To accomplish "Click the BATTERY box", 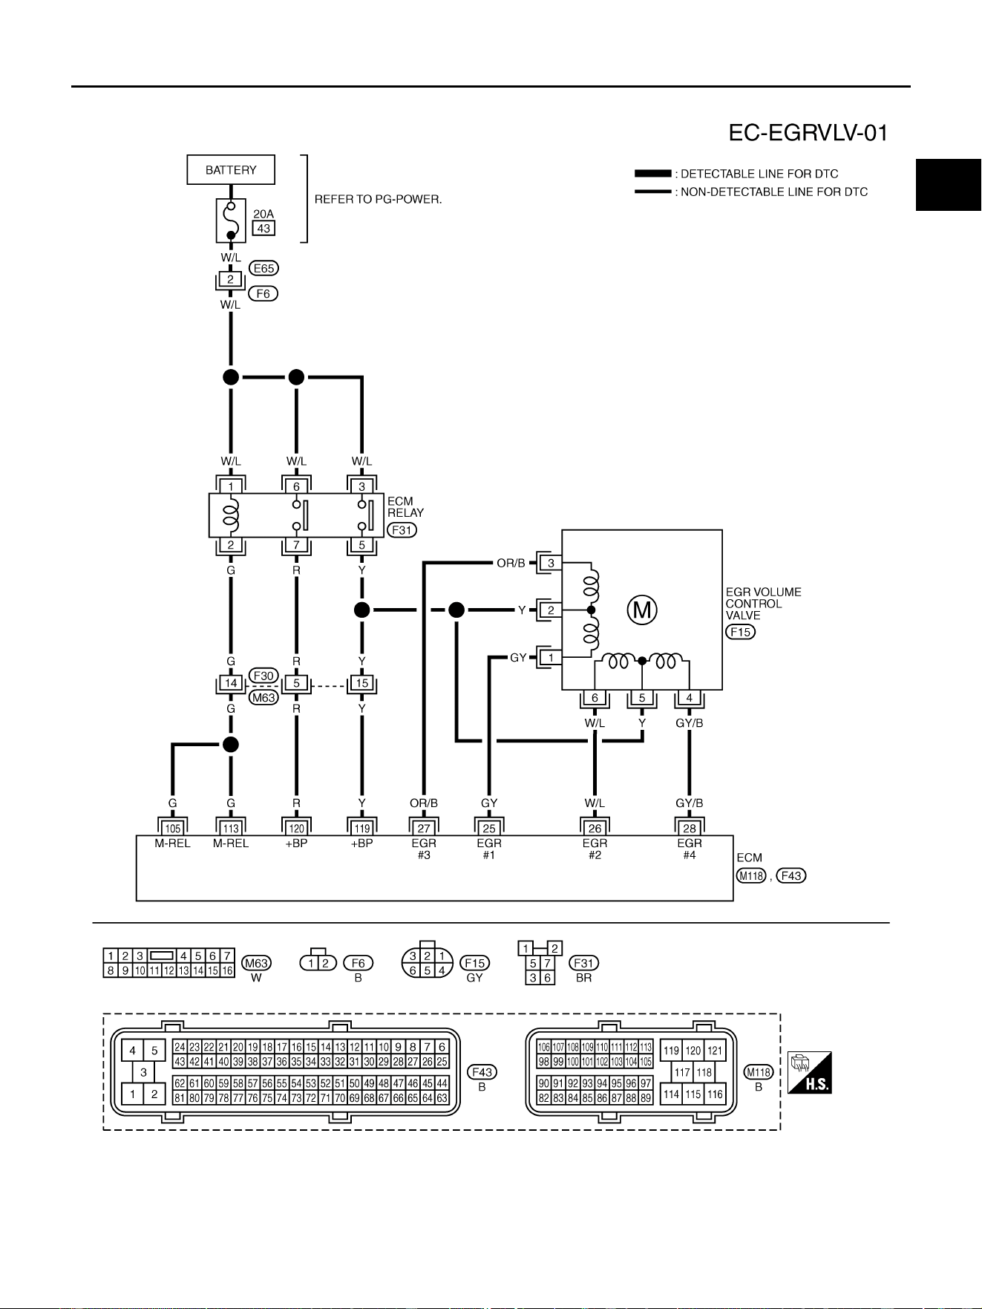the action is point(231,170).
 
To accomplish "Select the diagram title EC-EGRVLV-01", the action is point(808,133).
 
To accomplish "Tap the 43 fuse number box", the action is point(263,228).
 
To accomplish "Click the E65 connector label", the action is point(264,268).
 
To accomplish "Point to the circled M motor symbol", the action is point(642,610).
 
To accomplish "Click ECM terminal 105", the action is point(172,828).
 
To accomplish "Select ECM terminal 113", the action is point(231,828).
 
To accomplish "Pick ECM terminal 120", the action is point(296,828).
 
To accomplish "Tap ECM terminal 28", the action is point(690,828).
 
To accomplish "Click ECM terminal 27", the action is point(424,828).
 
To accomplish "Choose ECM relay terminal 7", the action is point(296,545).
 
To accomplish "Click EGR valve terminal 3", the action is point(551,563).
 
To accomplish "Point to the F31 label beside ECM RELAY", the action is point(402,530).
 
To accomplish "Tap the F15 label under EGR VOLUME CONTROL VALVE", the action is point(740,632).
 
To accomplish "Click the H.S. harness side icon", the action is point(809,1072).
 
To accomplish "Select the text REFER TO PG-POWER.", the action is point(378,199).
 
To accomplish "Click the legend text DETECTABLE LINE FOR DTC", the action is point(759,174).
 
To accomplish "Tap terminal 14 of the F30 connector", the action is point(231,683).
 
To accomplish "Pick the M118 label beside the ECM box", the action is point(751,875).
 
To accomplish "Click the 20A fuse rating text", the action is point(263,214).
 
